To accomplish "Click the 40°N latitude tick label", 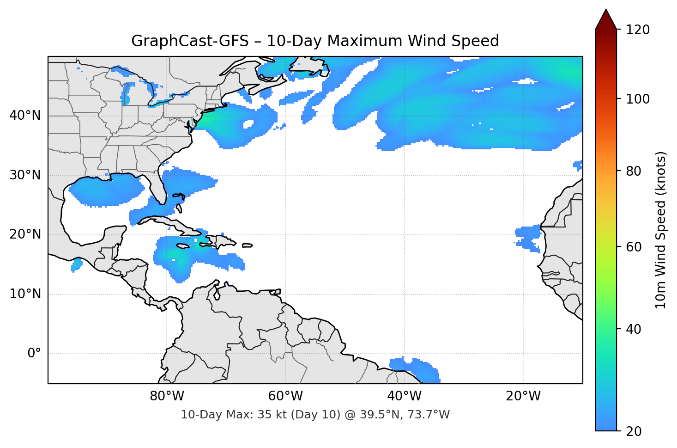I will coord(25,116).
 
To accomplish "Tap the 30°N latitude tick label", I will coord(25,175).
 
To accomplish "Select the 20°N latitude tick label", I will coord(25,234).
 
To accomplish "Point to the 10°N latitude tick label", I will coord(25,294).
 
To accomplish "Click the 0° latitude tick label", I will coord(34,354).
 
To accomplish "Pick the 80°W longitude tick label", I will coord(167,396).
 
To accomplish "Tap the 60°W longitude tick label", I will coord(285,396).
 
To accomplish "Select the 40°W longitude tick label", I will coord(404,396).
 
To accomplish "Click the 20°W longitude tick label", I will coord(523,396).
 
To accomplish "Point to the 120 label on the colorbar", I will coord(638,30).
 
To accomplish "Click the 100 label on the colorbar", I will coord(638,99).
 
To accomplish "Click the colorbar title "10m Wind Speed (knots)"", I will coord(661,230).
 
